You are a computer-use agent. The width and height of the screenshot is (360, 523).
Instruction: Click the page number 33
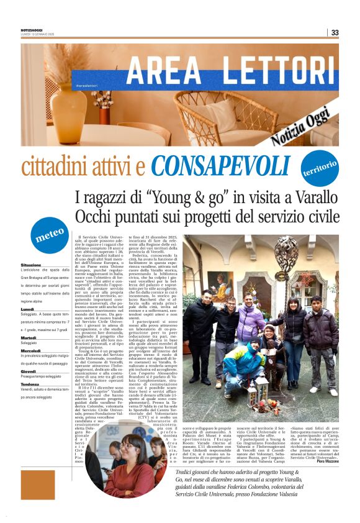(335, 32)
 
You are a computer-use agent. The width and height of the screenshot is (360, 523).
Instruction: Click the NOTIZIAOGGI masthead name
(34, 30)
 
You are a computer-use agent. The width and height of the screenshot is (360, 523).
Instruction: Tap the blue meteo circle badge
(50, 234)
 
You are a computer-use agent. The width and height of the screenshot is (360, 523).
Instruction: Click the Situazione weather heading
(31, 265)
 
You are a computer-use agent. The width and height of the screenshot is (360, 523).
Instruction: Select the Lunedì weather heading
(27, 309)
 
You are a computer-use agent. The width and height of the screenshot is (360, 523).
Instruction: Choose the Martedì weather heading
(28, 337)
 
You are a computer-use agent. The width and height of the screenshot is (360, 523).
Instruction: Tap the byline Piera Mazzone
(328, 461)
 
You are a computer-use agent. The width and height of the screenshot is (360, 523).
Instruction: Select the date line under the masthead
(38, 35)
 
